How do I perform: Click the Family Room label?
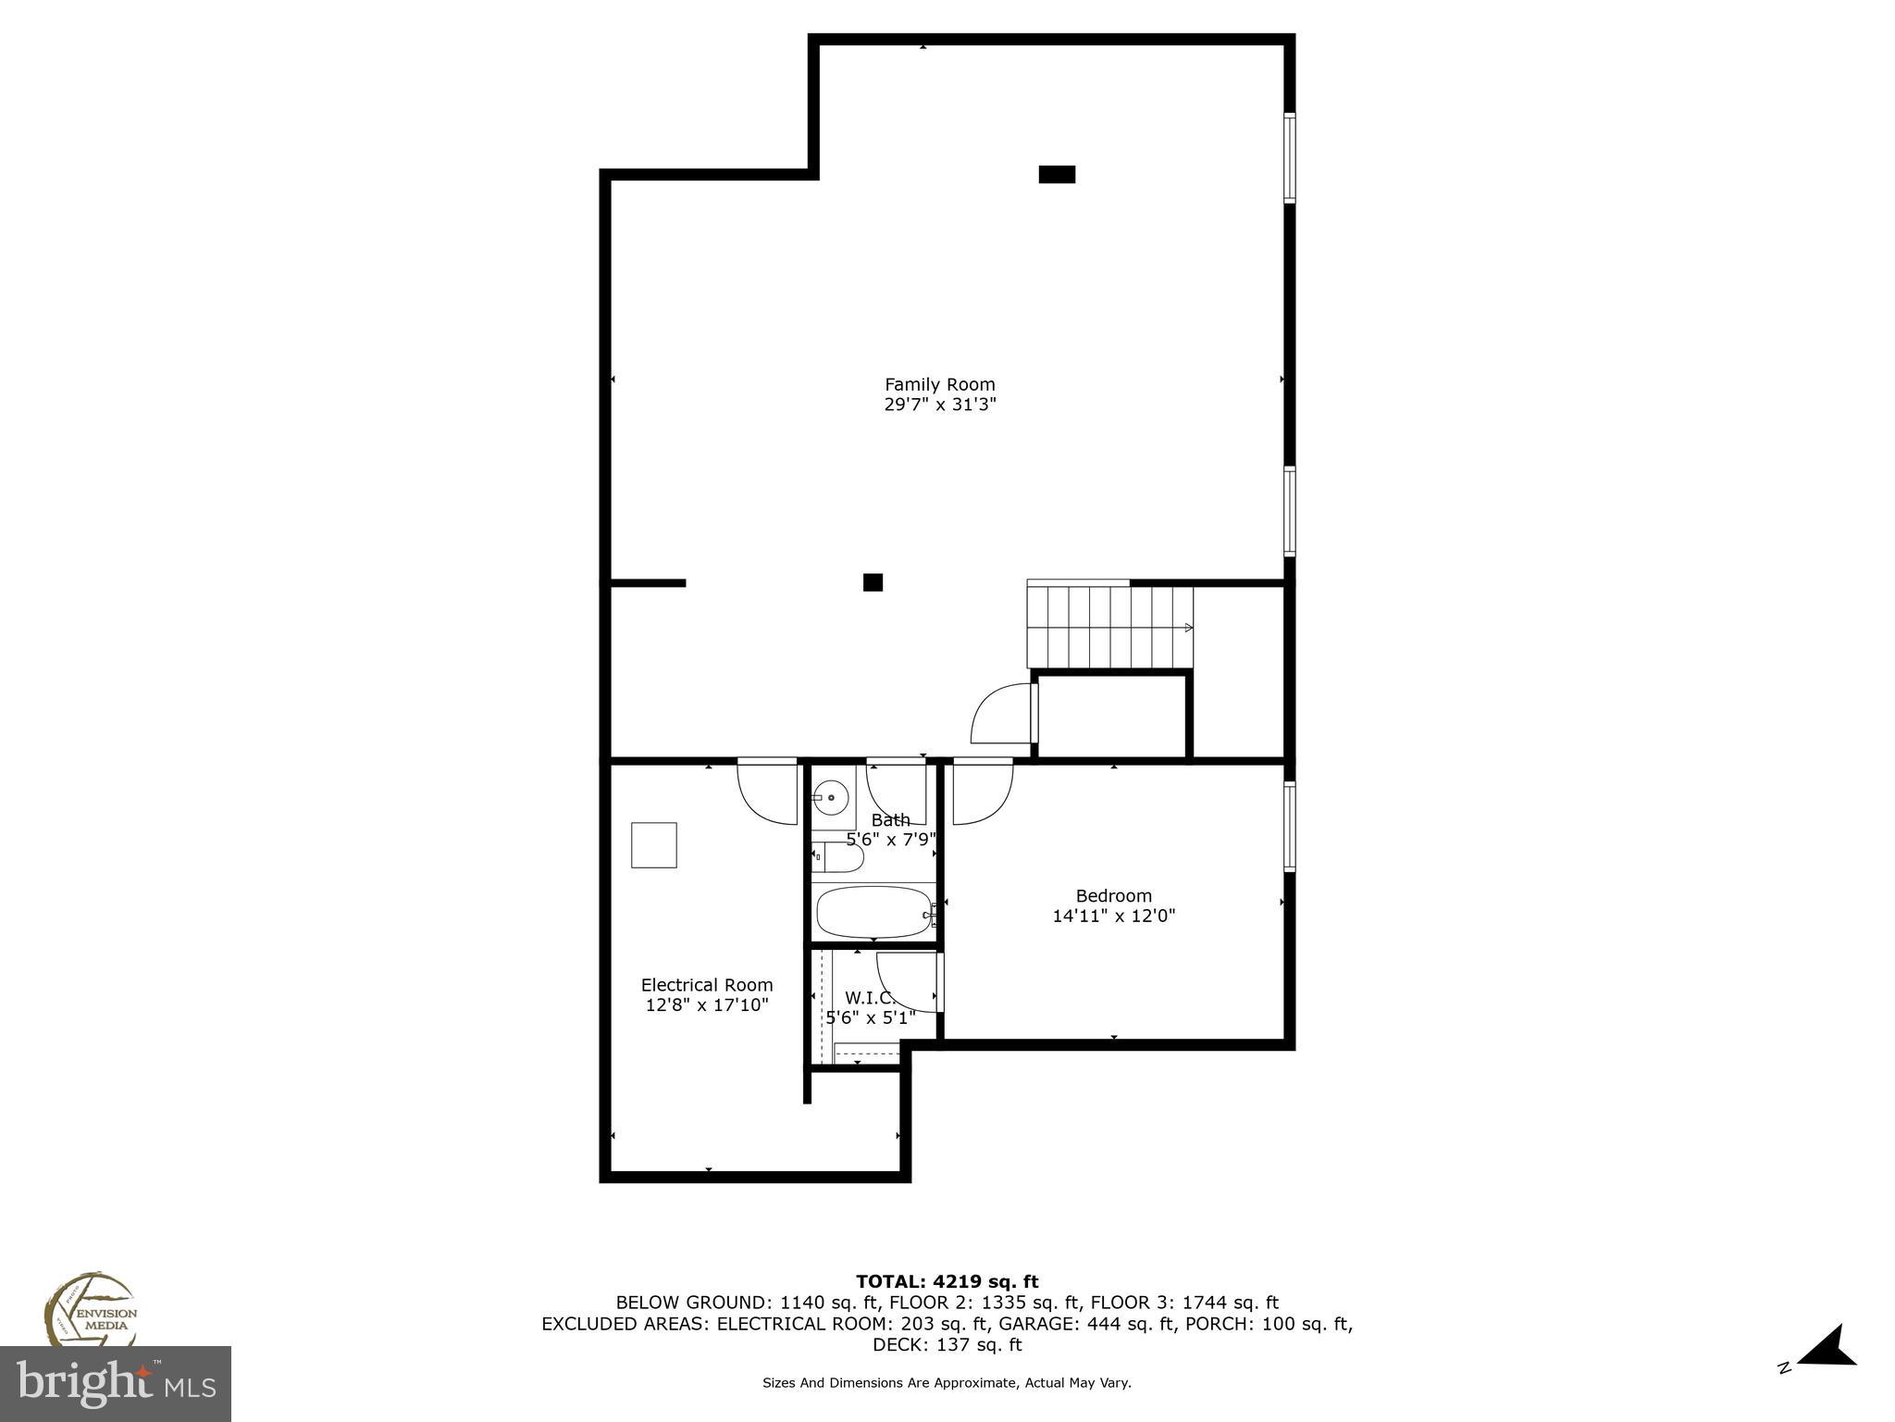pos(939,384)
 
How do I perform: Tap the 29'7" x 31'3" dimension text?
pos(939,405)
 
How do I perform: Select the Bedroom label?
pos(1113,895)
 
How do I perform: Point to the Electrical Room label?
pos(707,985)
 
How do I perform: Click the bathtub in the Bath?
pos(873,913)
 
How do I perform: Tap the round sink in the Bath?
pos(832,796)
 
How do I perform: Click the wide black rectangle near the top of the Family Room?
pos(1056,174)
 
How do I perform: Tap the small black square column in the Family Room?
pos(873,582)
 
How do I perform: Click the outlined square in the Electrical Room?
pos(653,845)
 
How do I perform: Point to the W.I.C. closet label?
pos(870,998)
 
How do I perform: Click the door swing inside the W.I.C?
pos(907,981)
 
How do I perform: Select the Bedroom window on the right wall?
pos(1289,826)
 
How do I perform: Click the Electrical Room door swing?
pos(767,792)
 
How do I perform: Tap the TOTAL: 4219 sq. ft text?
pos(947,1281)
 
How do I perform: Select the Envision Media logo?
pos(90,1310)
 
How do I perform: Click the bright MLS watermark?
pos(116,1384)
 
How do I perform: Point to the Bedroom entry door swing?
pos(983,792)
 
